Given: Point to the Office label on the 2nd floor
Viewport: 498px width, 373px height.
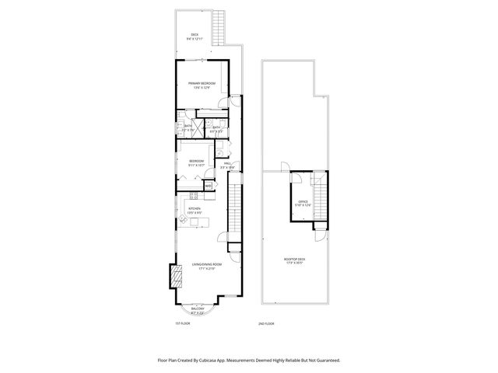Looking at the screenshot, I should pyautogui.click(x=303, y=202).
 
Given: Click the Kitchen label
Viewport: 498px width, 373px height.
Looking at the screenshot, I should pyautogui.click(x=195, y=208).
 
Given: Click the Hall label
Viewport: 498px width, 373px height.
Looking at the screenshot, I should pyautogui.click(x=228, y=164).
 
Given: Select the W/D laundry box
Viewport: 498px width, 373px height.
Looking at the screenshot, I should pyautogui.click(x=209, y=186).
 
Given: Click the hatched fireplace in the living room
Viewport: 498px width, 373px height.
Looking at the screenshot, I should pyautogui.click(x=177, y=275).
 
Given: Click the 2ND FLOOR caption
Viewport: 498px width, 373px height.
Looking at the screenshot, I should pyautogui.click(x=267, y=323).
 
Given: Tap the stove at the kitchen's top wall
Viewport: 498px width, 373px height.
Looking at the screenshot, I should pyautogui.click(x=191, y=198).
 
